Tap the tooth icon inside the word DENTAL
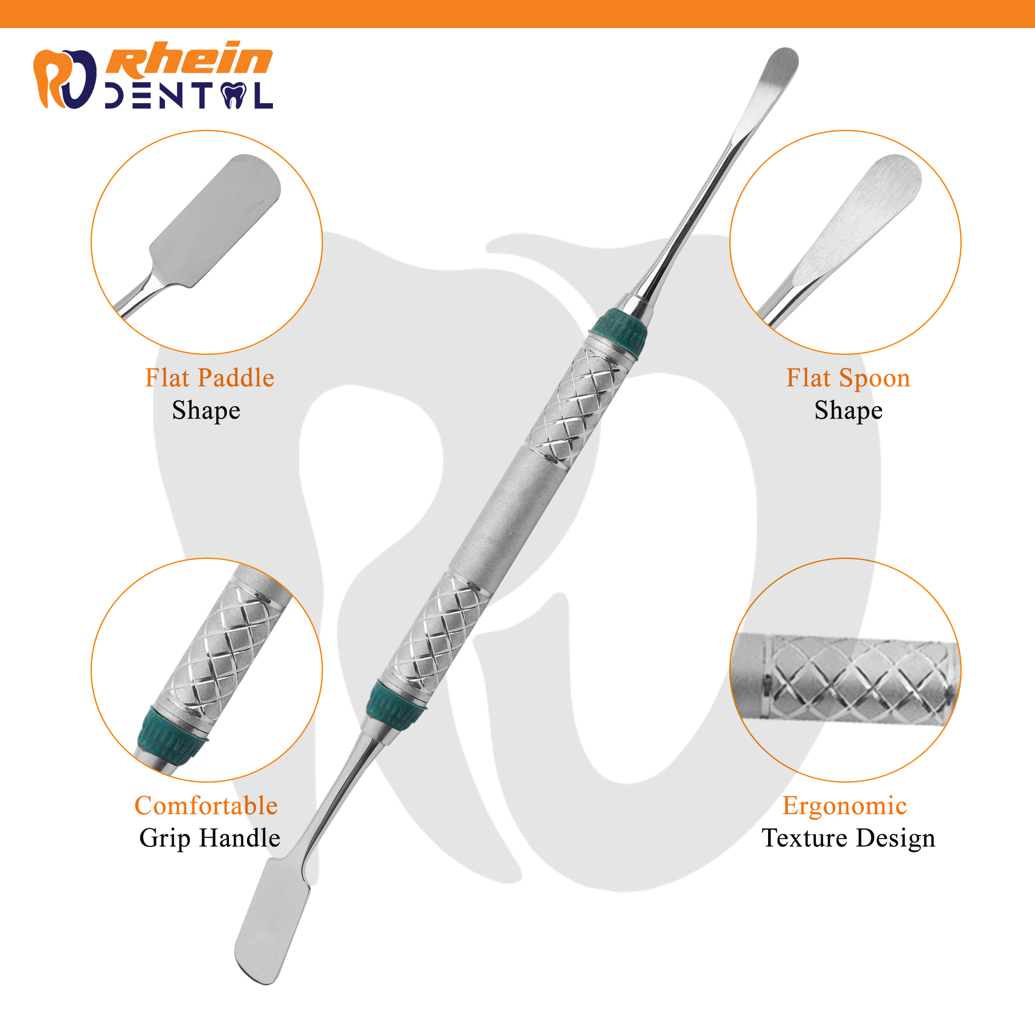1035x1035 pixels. click(234, 96)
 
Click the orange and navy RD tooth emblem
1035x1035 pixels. click(65, 79)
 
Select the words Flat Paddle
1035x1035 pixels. click(210, 378)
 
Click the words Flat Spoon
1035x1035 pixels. click(848, 378)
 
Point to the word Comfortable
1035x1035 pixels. click(206, 805)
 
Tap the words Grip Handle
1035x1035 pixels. click(210, 838)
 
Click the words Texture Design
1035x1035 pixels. click(849, 838)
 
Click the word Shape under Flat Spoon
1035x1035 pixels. click(849, 411)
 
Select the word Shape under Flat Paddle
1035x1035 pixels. click(206, 411)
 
